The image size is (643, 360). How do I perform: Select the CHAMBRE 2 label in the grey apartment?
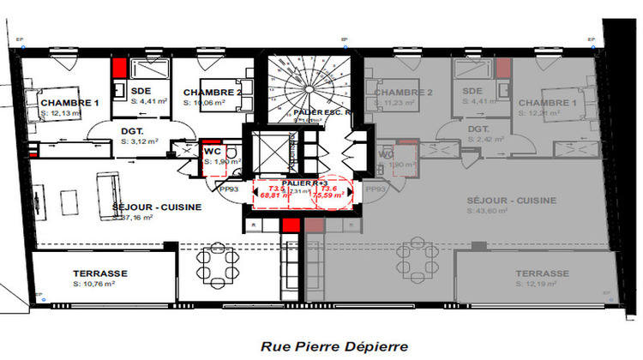(402, 93)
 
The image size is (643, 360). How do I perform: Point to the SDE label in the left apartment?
(141, 92)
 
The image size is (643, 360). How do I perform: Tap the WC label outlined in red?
(211, 151)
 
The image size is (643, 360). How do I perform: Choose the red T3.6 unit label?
(330, 188)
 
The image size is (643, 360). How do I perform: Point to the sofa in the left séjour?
(109, 186)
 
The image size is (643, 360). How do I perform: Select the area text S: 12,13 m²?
(61, 112)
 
